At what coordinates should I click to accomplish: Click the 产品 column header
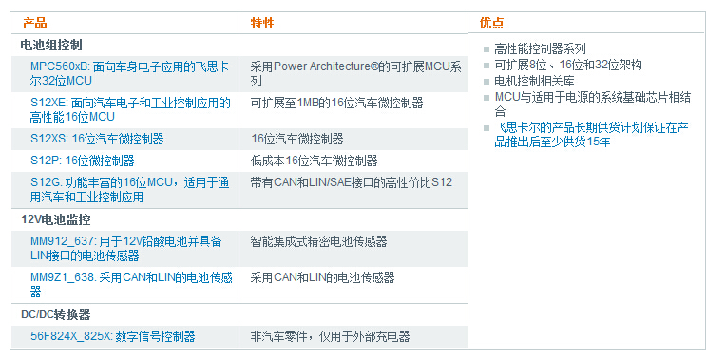pyautogui.click(x=34, y=23)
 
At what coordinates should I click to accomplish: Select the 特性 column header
pyautogui.click(x=262, y=23)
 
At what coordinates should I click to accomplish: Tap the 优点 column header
pyautogui.click(x=492, y=23)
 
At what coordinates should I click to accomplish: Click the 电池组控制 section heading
pyautogui.click(x=51, y=45)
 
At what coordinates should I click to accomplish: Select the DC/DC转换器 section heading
pyautogui.click(x=56, y=313)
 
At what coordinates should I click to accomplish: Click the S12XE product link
pyautogui.click(x=130, y=109)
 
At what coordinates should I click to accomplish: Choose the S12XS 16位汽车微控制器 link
pyautogui.click(x=97, y=139)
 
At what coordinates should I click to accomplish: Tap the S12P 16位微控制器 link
pyautogui.click(x=82, y=161)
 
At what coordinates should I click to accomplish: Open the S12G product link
pyautogui.click(x=130, y=189)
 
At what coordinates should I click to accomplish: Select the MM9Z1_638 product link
pyautogui.click(x=130, y=284)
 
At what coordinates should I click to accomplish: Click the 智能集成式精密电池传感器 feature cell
pyautogui.click(x=318, y=242)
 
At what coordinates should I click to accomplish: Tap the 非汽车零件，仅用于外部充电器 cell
pyautogui.click(x=330, y=336)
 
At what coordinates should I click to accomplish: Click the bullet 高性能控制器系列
pyautogui.click(x=540, y=48)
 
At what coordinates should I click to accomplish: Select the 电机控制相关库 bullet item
pyautogui.click(x=534, y=81)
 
